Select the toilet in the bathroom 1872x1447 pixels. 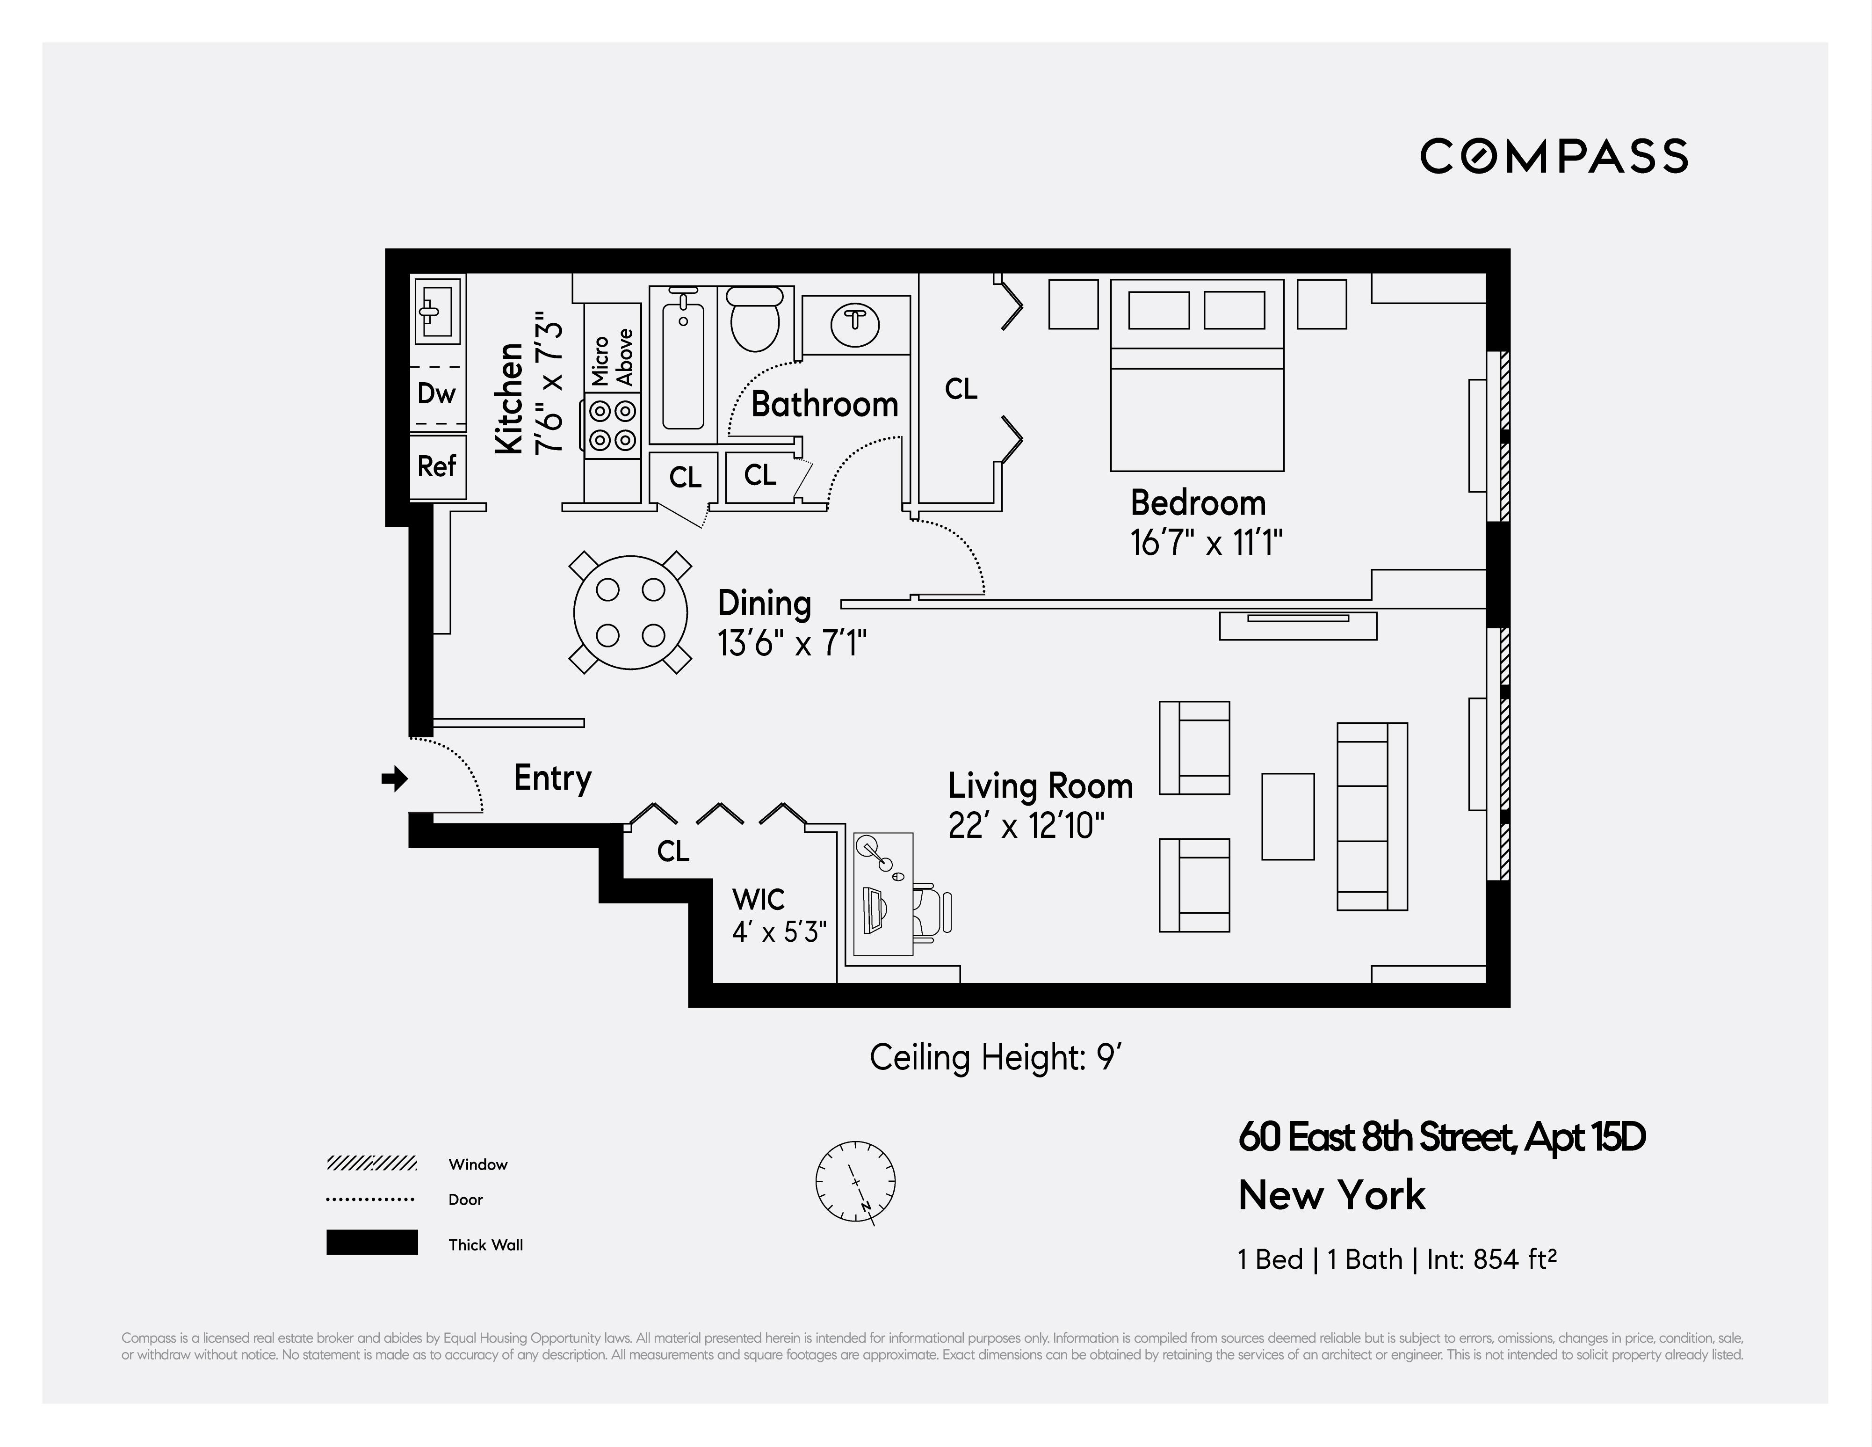tap(754, 320)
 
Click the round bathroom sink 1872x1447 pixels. tap(854, 323)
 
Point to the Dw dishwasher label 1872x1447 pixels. tap(436, 393)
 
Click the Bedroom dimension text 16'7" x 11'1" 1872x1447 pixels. tap(1206, 544)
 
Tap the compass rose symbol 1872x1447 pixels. tap(855, 1181)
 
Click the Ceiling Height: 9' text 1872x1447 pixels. tap(995, 1058)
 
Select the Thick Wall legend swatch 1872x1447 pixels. tap(372, 1242)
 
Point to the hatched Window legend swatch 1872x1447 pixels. tap(372, 1163)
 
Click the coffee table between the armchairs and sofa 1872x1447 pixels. tap(1287, 816)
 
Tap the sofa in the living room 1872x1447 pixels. tap(1372, 816)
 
